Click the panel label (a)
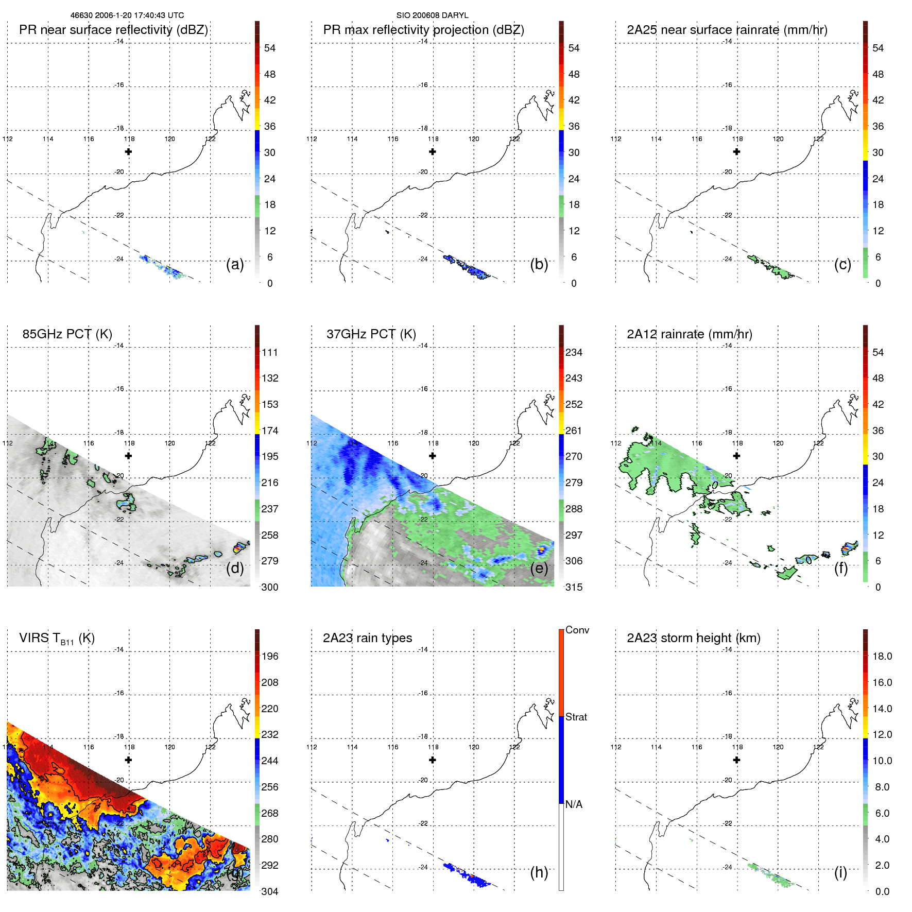point(235,264)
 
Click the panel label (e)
point(539,568)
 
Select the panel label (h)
point(539,872)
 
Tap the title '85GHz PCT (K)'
point(67,334)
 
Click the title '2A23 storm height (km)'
point(693,638)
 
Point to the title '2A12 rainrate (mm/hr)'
point(689,334)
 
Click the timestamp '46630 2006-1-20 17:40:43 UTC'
point(127,15)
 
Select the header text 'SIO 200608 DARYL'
point(432,15)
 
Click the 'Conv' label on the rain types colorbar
point(577,630)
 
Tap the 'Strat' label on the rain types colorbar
point(576,717)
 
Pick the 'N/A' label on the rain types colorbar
point(574,804)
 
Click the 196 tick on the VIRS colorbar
point(270,656)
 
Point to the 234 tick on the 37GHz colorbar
point(574,352)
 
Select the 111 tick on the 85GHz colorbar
point(270,352)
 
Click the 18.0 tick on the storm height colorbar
point(882,656)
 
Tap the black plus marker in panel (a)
point(128,151)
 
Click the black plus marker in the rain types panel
point(432,760)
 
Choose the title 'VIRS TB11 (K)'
point(57,638)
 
